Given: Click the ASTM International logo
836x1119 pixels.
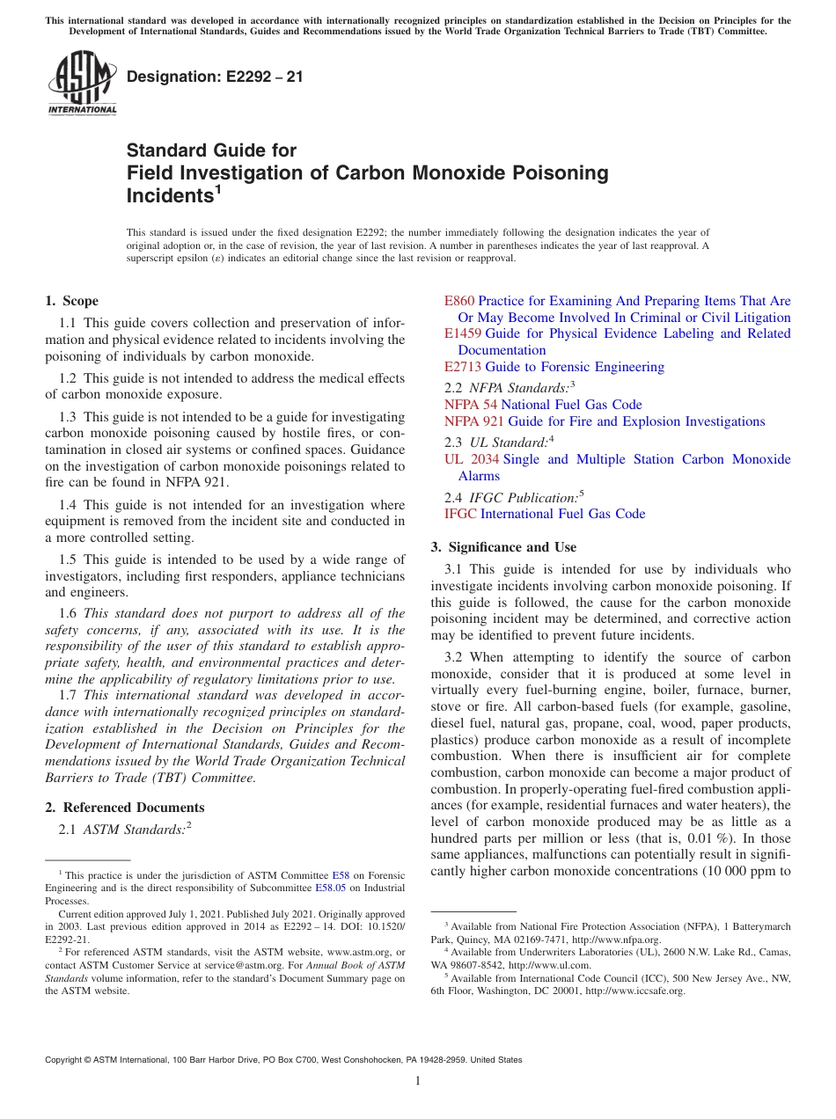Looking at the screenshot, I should (82, 84).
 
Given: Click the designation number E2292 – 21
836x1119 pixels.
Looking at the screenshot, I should (215, 77).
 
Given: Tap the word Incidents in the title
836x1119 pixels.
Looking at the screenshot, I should (169, 196).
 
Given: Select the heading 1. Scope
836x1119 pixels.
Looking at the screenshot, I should (72, 301).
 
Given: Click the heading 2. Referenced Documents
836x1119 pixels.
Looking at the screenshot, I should (125, 808).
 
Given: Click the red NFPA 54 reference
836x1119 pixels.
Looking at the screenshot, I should (471, 405).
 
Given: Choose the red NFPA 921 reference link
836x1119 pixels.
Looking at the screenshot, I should (474, 421).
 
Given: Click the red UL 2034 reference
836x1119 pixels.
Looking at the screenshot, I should (472, 459).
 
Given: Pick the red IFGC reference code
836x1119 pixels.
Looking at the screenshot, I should (460, 514).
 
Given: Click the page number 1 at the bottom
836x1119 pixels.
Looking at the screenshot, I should (417, 1081).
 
